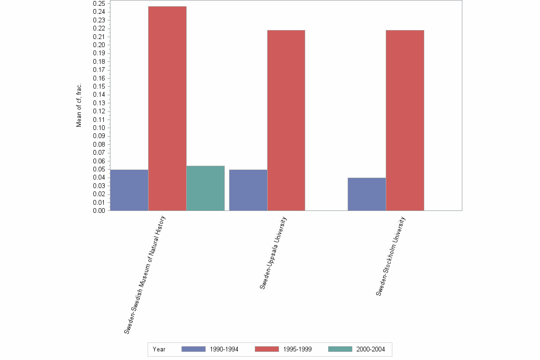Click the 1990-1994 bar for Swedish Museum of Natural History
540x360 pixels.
click(129, 190)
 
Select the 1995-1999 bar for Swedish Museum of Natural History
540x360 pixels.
click(167, 109)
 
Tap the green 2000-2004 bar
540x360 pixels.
click(205, 188)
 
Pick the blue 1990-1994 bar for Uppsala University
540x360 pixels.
click(248, 190)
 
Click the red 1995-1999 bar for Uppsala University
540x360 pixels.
click(286, 120)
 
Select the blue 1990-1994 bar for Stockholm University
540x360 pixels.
click(367, 194)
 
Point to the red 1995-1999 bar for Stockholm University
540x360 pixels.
click(405, 120)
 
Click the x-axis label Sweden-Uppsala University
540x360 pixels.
click(273, 253)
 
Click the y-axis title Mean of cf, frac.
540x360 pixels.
click(79, 105)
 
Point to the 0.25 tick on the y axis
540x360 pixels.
click(99, 3)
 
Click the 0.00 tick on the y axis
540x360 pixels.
click(99, 210)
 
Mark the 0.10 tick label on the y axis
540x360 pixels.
click(99, 128)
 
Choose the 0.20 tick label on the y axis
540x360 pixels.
click(99, 45)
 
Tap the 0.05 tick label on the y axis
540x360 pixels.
click(99, 169)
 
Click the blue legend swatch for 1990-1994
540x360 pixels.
click(193, 349)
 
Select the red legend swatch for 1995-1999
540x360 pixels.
click(267, 349)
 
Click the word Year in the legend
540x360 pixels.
click(159, 350)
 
